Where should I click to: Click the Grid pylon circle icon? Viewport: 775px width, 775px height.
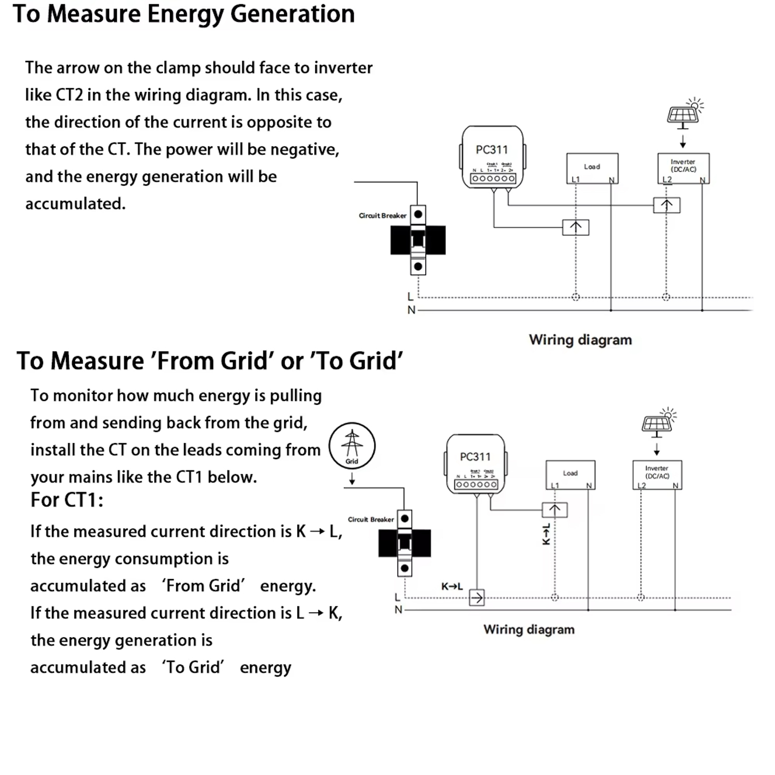[352, 446]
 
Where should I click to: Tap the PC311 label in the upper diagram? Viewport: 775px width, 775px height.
[492, 150]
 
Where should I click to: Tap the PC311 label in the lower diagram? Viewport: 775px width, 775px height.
[475, 457]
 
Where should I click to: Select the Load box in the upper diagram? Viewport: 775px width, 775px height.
[592, 168]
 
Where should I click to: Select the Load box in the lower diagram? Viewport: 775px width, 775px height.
[570, 474]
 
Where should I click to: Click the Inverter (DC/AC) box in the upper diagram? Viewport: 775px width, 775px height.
[683, 168]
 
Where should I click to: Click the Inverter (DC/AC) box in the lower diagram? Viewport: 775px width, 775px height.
[657, 474]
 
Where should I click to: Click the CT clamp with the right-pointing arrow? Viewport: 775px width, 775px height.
[476, 598]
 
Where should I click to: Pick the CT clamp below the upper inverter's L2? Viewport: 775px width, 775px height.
[667, 205]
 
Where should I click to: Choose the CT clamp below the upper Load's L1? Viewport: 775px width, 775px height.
[576, 227]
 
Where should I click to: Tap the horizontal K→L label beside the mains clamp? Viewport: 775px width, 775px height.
[452, 586]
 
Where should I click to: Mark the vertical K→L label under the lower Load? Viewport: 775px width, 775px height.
[546, 534]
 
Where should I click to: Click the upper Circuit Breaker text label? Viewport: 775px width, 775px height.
[382, 215]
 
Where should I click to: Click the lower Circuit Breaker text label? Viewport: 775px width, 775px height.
[370, 519]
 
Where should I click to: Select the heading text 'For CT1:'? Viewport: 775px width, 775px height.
[67, 500]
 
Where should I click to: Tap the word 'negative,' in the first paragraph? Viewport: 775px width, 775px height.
[305, 149]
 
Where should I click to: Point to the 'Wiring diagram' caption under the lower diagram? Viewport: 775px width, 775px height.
[529, 629]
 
